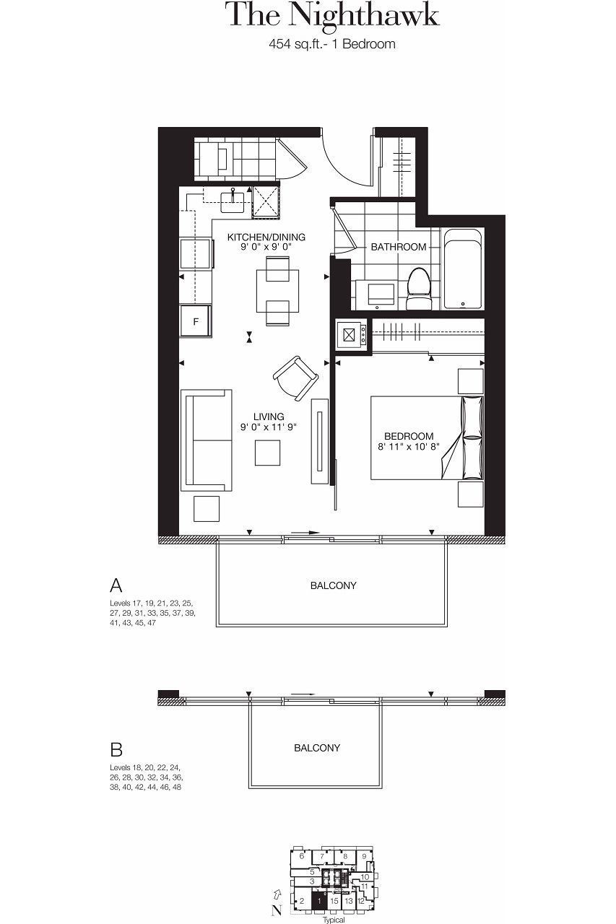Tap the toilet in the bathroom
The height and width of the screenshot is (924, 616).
tap(418, 288)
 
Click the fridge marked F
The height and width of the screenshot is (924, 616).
tap(196, 321)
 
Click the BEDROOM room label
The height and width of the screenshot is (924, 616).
tap(409, 436)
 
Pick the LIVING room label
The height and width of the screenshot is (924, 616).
tap(269, 417)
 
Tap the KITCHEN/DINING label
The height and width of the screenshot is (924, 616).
tap(266, 237)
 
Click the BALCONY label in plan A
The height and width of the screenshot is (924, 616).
tap(333, 585)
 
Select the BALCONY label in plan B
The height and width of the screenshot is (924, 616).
tap(317, 748)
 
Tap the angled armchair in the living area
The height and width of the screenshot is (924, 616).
tap(295, 378)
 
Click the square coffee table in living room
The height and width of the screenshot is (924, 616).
tap(267, 453)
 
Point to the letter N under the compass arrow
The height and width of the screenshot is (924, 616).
tap(277, 910)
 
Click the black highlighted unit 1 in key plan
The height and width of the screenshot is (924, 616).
tap(318, 901)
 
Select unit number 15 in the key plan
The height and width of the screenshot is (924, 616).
tap(334, 901)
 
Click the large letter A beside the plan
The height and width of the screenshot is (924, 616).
tap(116, 585)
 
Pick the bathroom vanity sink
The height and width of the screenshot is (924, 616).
tap(376, 295)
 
